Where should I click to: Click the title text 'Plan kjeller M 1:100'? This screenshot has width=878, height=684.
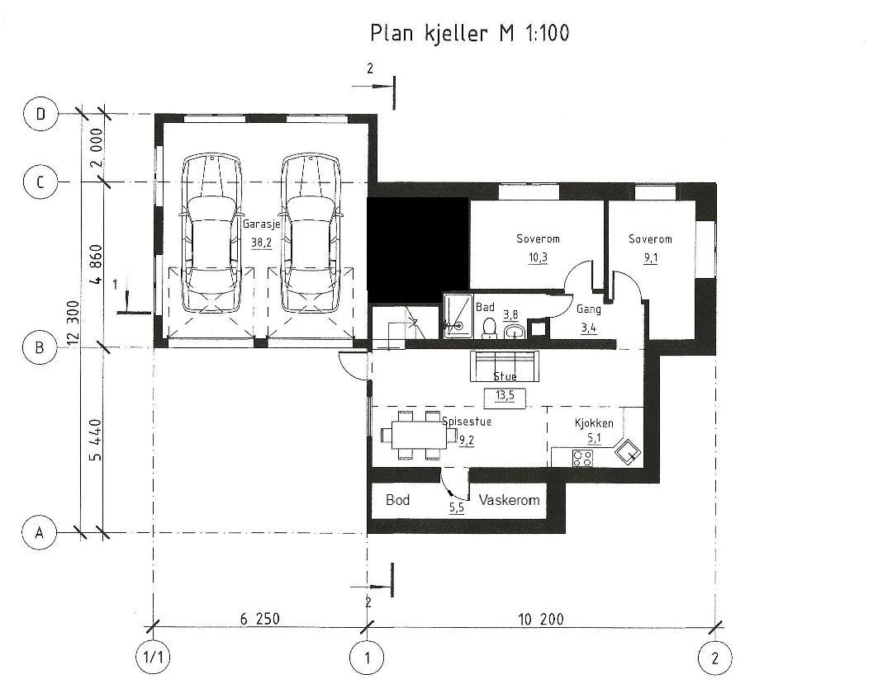(x=469, y=33)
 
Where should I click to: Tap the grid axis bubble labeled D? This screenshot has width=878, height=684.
(x=40, y=115)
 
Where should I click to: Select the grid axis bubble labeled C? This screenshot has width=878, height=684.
(x=40, y=182)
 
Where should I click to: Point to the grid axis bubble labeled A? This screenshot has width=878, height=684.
(x=37, y=532)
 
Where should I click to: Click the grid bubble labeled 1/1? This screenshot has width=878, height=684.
(x=154, y=658)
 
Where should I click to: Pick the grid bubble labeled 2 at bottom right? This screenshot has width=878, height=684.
(x=714, y=658)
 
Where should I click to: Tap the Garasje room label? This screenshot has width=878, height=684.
(x=260, y=224)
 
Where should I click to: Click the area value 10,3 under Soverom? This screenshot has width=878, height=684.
(x=538, y=257)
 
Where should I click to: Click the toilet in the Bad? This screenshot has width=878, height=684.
(x=488, y=328)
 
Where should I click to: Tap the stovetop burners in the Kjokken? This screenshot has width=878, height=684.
(x=582, y=457)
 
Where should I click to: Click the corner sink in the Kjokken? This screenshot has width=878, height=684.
(x=629, y=451)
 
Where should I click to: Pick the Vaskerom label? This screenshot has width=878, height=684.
(x=509, y=500)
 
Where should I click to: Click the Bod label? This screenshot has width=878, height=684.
(x=397, y=500)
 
